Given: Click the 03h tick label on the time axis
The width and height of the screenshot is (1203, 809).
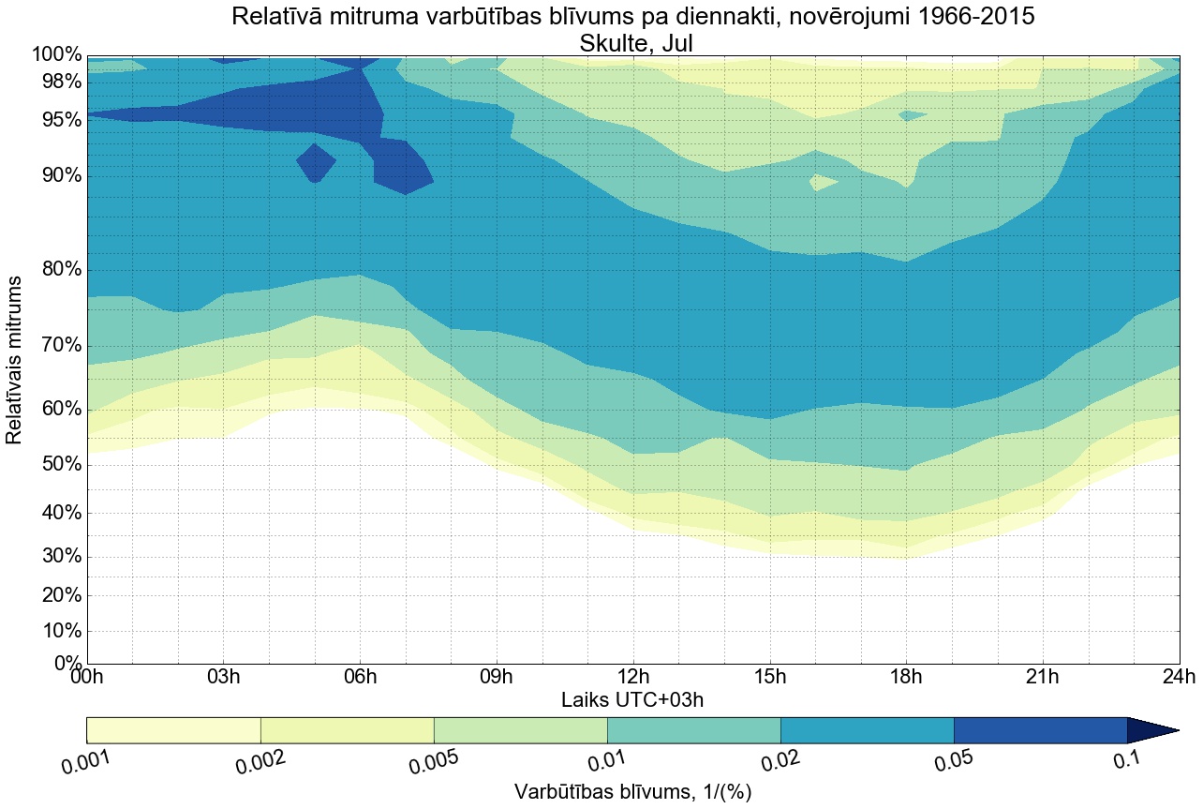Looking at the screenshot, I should [223, 678].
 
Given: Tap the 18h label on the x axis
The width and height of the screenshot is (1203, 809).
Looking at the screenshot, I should [906, 678].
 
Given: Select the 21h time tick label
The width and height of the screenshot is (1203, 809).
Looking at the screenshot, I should [1043, 678].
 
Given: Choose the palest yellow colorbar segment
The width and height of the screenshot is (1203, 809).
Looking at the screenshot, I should [173, 730].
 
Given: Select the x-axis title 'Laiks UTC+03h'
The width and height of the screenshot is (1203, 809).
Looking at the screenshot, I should [632, 700].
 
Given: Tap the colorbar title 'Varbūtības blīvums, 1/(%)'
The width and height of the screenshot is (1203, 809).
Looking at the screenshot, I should [632, 792].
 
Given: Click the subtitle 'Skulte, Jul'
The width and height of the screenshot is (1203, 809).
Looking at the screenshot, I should [632, 42].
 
